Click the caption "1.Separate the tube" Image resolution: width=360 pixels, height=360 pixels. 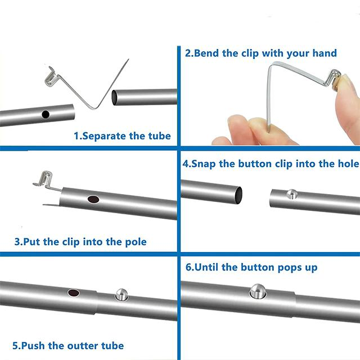point(122,136)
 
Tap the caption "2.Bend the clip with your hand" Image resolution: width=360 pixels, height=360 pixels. point(261,53)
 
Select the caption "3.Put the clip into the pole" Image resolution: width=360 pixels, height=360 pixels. point(80,242)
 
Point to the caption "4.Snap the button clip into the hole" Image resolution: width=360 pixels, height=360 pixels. point(270,164)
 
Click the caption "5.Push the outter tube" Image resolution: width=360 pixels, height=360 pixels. point(68,345)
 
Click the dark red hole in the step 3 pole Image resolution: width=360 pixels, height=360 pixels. point(93,199)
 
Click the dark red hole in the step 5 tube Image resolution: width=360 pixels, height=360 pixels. point(74,293)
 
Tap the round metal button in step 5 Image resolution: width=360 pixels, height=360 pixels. point(121,293)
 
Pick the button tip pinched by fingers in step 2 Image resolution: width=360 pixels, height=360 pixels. point(336,79)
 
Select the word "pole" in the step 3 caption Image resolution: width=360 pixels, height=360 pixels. point(135,242)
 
